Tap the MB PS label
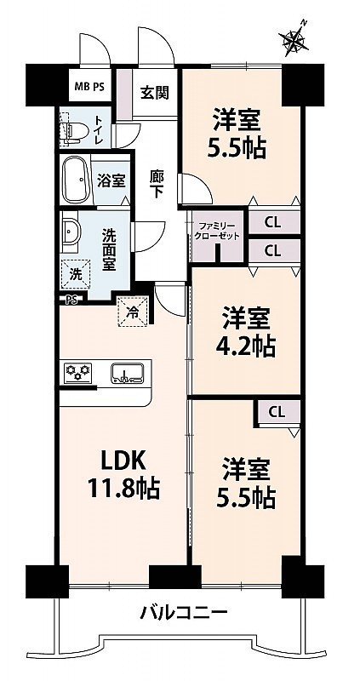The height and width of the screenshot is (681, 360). pyautogui.click(x=89, y=86)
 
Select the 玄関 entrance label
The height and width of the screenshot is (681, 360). pyautogui.click(x=154, y=92)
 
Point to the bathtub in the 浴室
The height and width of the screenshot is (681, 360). pyautogui.click(x=76, y=180)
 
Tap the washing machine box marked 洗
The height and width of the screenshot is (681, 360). pyautogui.click(x=76, y=273)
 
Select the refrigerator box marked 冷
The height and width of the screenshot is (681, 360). pyautogui.click(x=133, y=310)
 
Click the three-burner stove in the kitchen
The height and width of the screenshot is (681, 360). pyautogui.click(x=78, y=373)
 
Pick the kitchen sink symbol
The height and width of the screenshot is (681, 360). pyautogui.click(x=128, y=373)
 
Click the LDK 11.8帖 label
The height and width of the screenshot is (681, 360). pyautogui.click(x=124, y=475)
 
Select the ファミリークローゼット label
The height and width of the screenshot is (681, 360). pyautogui.click(x=217, y=232)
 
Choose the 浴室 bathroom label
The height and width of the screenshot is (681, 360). pyautogui.click(x=111, y=181)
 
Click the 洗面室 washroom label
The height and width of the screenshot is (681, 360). pyautogui.click(x=109, y=250)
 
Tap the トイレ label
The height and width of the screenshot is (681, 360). pyautogui.click(x=98, y=129)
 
